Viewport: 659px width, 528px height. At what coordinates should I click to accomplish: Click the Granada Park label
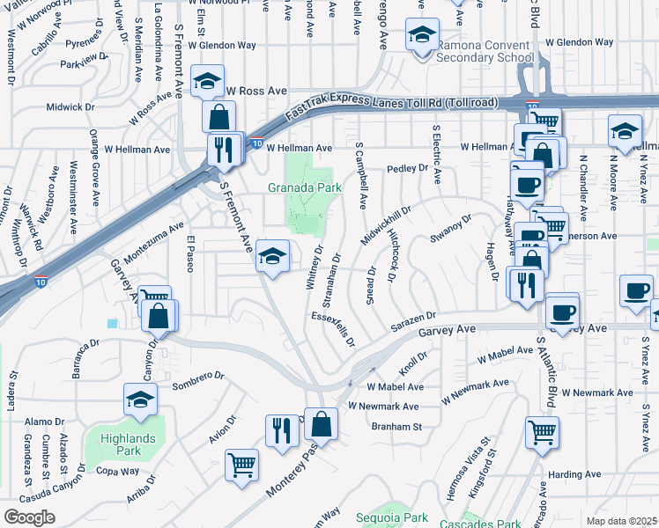305,187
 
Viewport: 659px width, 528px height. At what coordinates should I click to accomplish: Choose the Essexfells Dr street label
331,328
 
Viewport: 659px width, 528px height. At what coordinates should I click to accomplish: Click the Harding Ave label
574,474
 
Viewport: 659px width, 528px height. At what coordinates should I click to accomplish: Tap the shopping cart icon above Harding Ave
542,431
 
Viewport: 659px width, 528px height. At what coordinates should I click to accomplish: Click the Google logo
29,517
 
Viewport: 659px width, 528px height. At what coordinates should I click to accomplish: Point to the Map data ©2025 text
621,521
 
